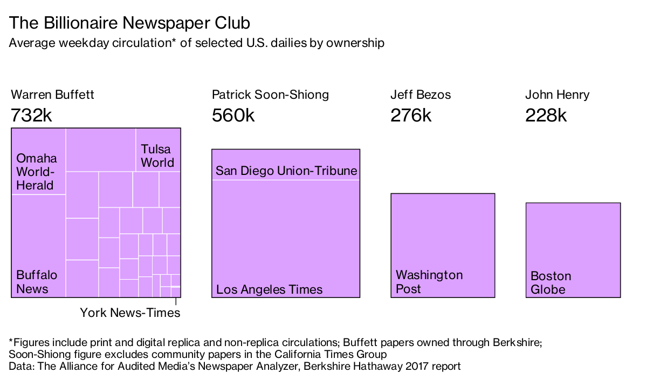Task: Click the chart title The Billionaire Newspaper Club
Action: (x=129, y=23)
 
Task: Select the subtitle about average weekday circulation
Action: (x=197, y=43)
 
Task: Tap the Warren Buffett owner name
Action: (x=52, y=95)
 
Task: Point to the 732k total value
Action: (x=31, y=115)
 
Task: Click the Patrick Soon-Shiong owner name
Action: (x=270, y=95)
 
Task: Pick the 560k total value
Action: (x=233, y=115)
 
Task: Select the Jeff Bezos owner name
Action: (x=421, y=95)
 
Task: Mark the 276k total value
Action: (x=411, y=115)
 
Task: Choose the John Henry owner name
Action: (x=557, y=95)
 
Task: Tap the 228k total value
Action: (x=546, y=115)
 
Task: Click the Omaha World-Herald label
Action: (x=36, y=172)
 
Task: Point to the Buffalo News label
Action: (x=36, y=282)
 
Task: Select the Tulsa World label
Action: (x=157, y=155)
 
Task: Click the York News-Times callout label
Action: (x=130, y=313)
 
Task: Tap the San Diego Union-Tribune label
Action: (x=286, y=171)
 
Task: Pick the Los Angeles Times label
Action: (x=269, y=289)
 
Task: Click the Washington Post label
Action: (x=429, y=282)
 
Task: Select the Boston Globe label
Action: (x=550, y=283)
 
